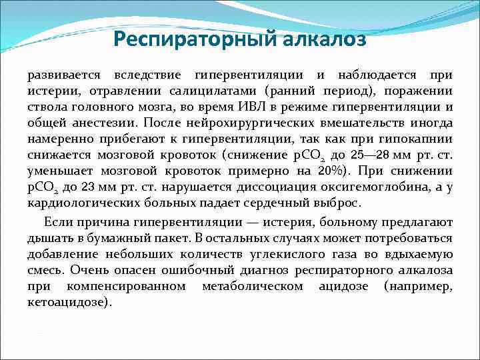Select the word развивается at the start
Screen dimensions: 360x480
61,75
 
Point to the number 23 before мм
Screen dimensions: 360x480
95,187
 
